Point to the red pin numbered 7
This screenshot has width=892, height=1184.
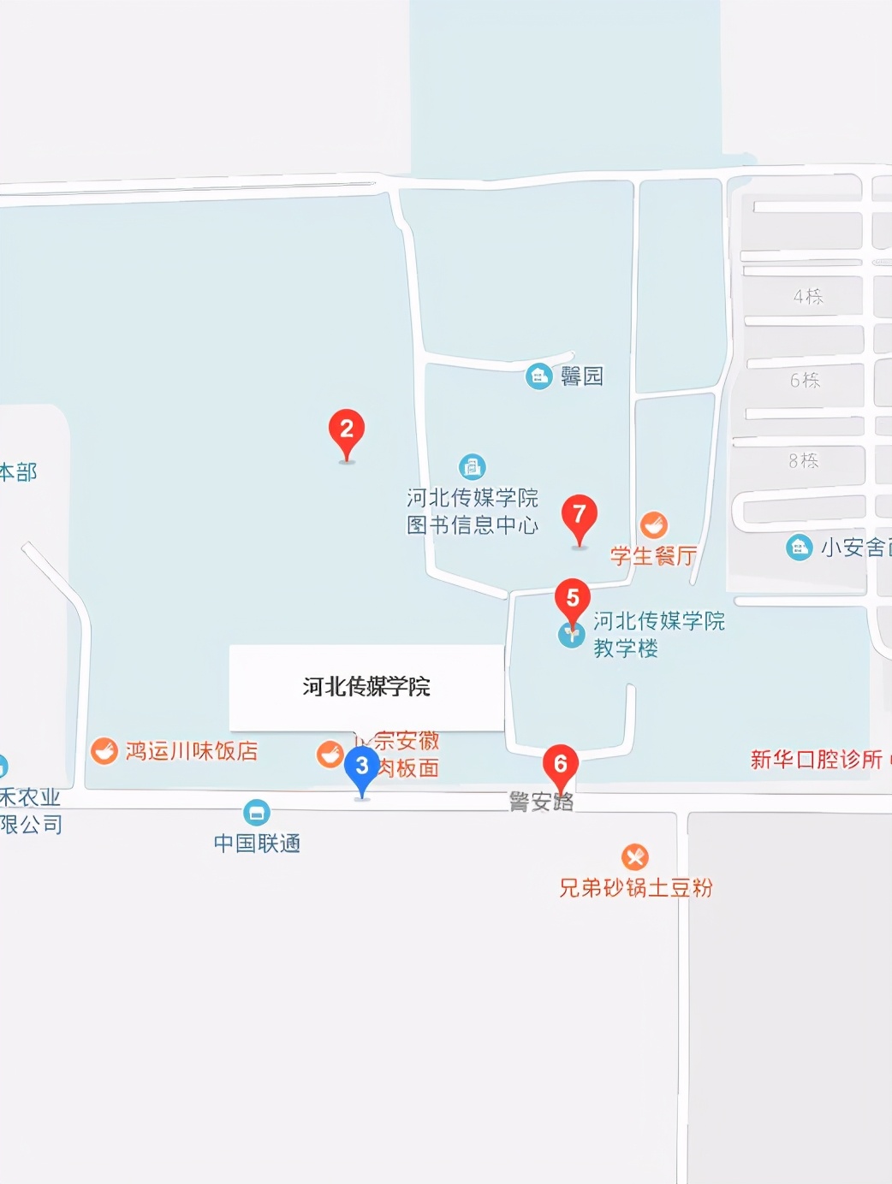[580, 517]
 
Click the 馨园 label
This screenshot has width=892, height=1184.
[582, 376]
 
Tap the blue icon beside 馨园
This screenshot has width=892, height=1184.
[538, 376]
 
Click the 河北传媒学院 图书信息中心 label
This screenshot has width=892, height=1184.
[473, 512]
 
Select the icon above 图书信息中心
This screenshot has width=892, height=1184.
[472, 466]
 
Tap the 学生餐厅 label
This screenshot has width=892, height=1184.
[654, 556]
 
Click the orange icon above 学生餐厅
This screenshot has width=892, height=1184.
[654, 524]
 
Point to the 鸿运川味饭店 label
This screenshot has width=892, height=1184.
[192, 751]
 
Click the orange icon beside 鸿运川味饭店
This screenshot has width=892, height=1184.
[104, 751]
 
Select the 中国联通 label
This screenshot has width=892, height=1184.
[257, 844]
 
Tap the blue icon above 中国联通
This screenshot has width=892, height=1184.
[257, 812]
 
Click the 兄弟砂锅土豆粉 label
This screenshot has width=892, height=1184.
[635, 888]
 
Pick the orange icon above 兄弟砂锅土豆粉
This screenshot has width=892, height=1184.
[634, 856]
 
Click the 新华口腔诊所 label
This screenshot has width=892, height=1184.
[817, 760]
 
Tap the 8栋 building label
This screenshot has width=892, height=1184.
[804, 461]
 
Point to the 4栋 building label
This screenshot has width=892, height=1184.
[808, 297]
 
